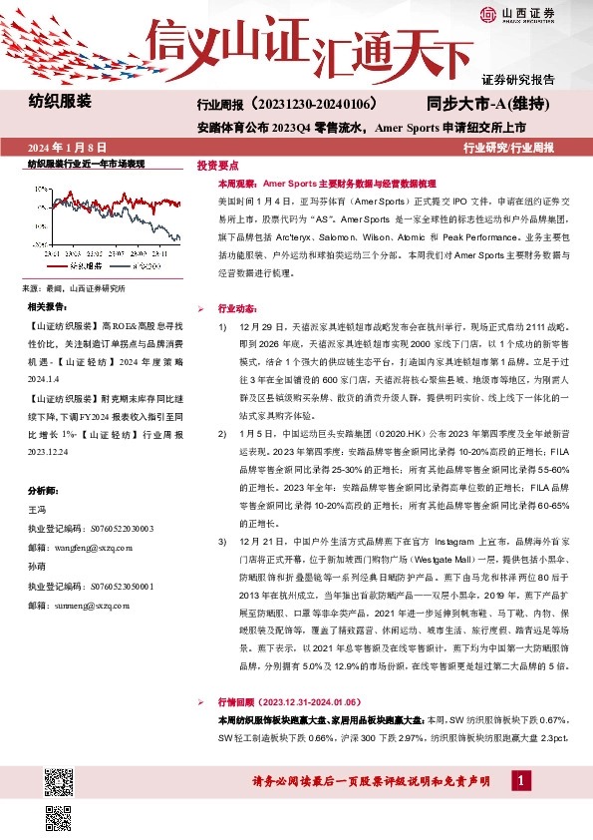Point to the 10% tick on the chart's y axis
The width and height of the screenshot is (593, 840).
(40, 187)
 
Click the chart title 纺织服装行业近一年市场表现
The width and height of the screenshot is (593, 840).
(86, 164)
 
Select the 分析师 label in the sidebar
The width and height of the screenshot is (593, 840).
(45, 463)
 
